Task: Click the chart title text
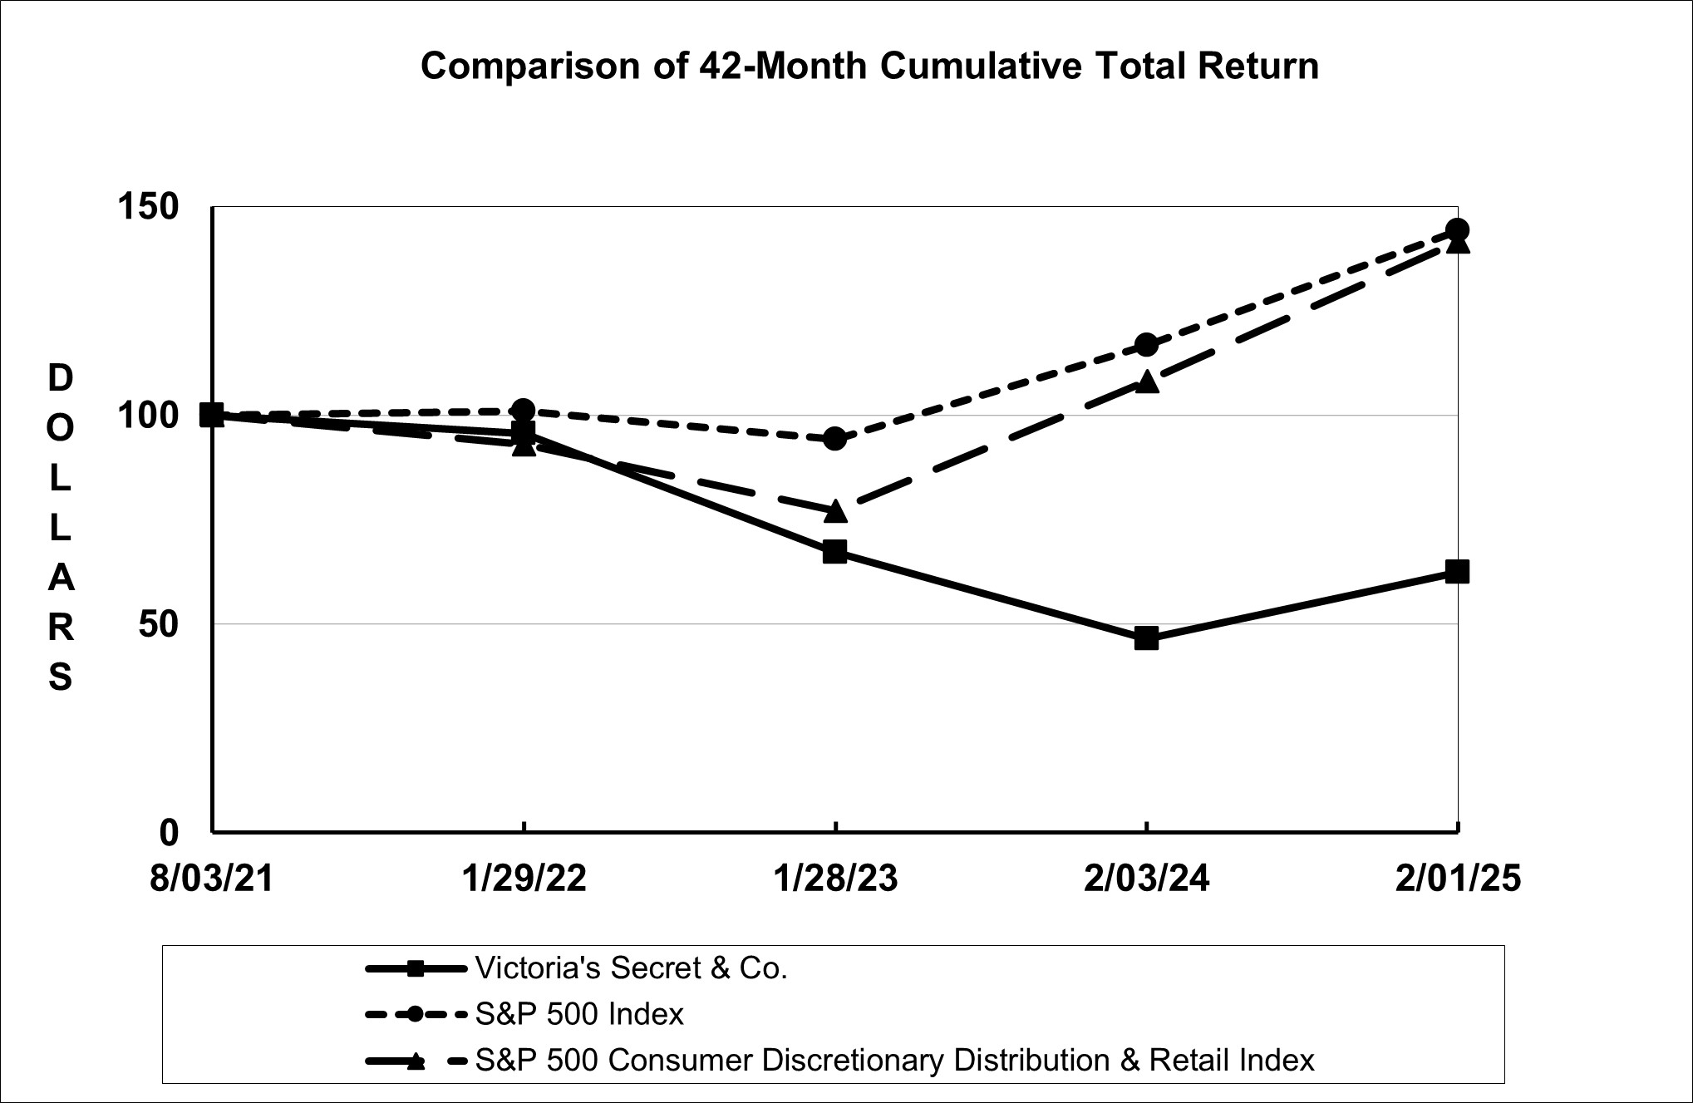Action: [x=869, y=66]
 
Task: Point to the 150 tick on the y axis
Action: [x=148, y=207]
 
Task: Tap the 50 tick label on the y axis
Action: [x=158, y=623]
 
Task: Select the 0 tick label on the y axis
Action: [x=169, y=831]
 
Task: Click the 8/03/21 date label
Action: [x=212, y=879]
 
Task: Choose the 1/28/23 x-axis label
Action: [x=835, y=879]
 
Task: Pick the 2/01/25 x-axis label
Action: [x=1458, y=879]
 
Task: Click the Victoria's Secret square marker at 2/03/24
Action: [x=1146, y=638]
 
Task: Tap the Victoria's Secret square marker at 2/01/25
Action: [x=1457, y=572]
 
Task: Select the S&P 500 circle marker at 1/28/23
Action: [x=835, y=438]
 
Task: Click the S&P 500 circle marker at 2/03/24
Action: [x=1146, y=344]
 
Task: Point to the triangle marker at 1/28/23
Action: [x=835, y=511]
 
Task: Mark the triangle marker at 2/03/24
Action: [x=1146, y=382]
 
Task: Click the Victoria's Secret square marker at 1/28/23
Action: [x=835, y=552]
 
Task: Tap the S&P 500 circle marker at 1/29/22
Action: [x=524, y=410]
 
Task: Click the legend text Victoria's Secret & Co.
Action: [x=631, y=968]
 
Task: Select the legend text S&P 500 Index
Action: [x=579, y=1014]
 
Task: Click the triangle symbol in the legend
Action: [x=416, y=1061]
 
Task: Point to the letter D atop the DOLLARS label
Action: [x=60, y=379]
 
